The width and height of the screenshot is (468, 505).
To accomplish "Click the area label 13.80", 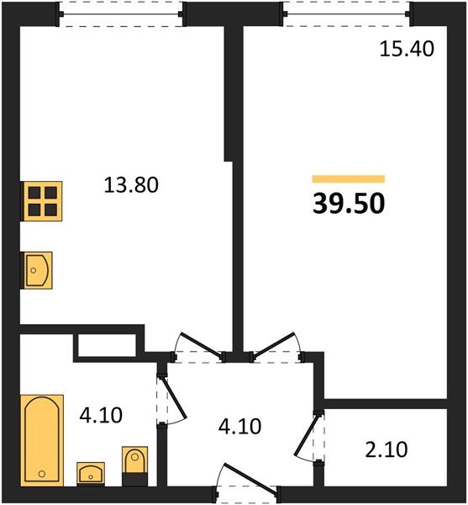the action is (131, 185).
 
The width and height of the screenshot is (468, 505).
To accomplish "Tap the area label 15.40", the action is (407, 50).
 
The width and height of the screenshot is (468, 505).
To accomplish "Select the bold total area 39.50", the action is (349, 204).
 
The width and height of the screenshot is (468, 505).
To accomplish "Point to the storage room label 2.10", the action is (386, 449).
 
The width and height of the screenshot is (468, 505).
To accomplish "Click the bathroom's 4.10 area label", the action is (101, 415).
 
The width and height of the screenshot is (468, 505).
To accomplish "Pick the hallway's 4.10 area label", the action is (239, 426).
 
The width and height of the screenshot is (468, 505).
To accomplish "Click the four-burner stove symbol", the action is (41, 201).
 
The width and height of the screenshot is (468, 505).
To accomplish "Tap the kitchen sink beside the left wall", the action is (36, 270).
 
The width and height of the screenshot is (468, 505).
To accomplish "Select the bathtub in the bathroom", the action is (42, 440).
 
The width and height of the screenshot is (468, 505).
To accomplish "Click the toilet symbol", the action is (135, 465).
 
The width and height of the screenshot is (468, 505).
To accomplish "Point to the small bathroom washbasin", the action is (91, 474).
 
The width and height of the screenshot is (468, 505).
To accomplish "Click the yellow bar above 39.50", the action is (349, 178).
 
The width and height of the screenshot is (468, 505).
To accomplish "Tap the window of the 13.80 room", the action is (121, 14).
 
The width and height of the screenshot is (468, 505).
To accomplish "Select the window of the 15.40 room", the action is (346, 14).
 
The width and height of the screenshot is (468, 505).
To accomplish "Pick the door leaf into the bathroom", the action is (175, 398).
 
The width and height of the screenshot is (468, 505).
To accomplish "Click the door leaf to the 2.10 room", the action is (307, 435).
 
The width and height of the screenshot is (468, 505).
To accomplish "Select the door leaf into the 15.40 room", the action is (274, 344).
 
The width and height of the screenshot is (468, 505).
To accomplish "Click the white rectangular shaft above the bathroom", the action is (107, 345).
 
